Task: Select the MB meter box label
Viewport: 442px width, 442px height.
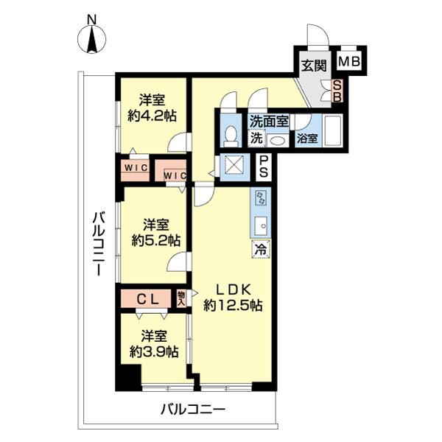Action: click(349, 61)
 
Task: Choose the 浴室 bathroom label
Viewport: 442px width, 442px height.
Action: click(307, 137)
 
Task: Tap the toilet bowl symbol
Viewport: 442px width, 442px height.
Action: click(230, 135)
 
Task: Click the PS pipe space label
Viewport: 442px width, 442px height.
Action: click(263, 169)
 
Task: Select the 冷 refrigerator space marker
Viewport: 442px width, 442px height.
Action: click(260, 249)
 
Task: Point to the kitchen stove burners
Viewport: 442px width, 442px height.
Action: click(260, 197)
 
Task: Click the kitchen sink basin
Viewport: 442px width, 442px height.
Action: click(260, 224)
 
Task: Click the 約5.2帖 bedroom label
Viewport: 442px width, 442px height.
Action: click(154, 233)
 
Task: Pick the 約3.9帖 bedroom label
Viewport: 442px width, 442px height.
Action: click(152, 343)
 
